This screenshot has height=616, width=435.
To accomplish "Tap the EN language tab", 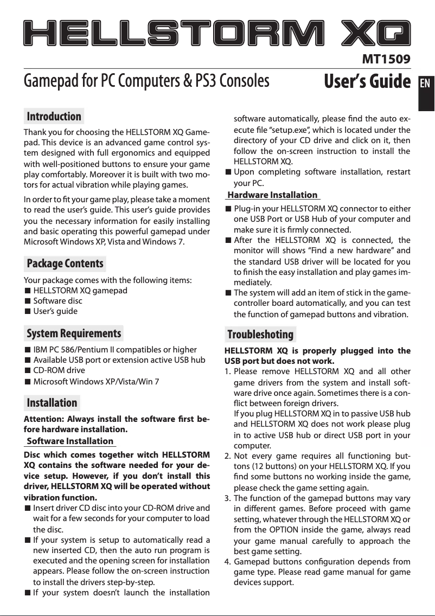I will [x=426, y=85].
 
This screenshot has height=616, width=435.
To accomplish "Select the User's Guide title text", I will [x=367, y=81].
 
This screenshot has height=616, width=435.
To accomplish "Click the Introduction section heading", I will [x=54, y=117].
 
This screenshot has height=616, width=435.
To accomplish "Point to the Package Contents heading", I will [x=65, y=264].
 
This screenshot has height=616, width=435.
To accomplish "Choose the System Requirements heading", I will [x=74, y=333].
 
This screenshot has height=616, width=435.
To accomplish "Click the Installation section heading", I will [x=52, y=403].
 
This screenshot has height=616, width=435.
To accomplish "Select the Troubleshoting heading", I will [x=260, y=334].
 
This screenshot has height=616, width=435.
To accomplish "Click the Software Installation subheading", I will [x=70, y=441].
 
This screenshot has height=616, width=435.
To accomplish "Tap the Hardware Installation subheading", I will [x=272, y=195].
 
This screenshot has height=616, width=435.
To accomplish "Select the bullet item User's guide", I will [x=55, y=311].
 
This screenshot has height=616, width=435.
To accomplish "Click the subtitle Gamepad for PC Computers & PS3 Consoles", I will [x=147, y=81].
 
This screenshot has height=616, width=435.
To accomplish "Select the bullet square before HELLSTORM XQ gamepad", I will [x=28, y=291].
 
